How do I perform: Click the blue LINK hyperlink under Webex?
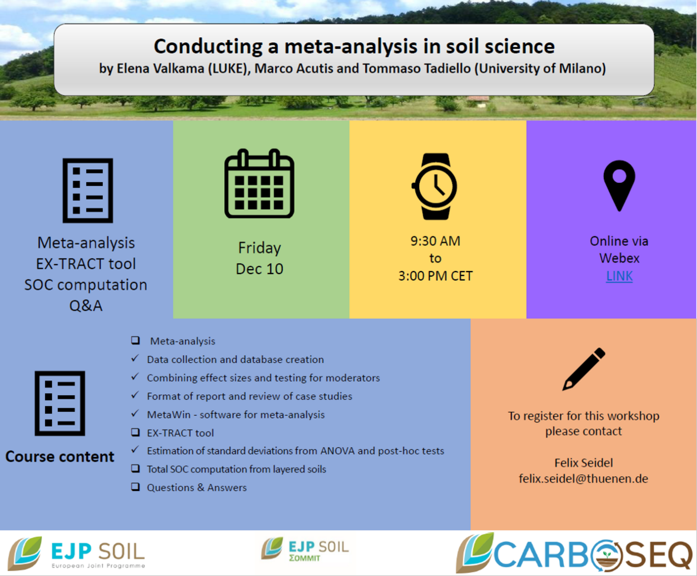tap(619, 276)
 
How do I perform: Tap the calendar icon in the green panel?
tap(259, 184)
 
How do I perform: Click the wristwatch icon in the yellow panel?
tap(434, 186)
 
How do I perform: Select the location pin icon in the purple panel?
tap(619, 186)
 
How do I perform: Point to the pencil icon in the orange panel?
tap(584, 369)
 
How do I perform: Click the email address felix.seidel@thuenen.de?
tap(584, 478)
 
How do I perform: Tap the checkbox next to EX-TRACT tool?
tap(135, 433)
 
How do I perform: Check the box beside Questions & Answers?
tap(135, 487)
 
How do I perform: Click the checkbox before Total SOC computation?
tap(135, 469)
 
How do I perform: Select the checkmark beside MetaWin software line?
tap(135, 413)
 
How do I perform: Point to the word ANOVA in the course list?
tap(337, 451)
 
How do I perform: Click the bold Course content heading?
tap(60, 457)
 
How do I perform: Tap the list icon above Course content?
tap(60, 404)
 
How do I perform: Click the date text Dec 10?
tap(259, 269)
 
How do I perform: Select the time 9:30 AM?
tap(435, 241)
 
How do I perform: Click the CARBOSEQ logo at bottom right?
tap(574, 553)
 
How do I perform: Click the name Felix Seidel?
tap(584, 463)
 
